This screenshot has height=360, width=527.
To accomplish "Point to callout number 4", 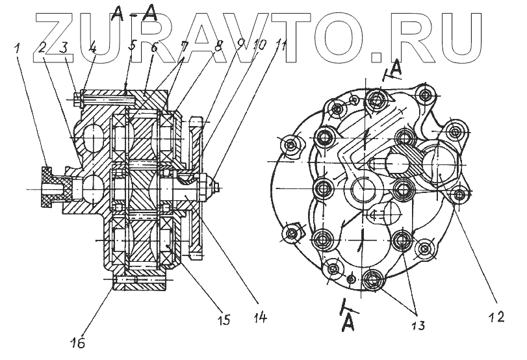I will pos(92,47).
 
